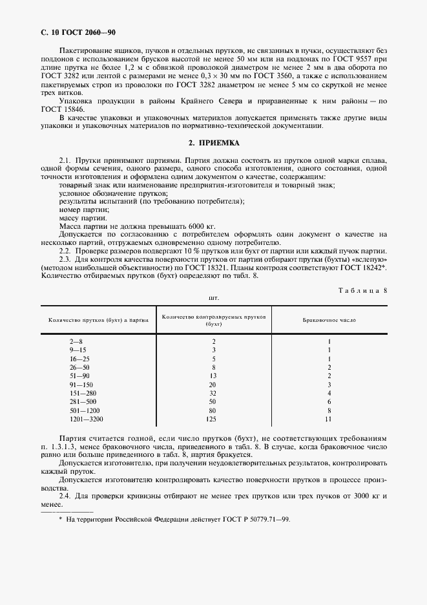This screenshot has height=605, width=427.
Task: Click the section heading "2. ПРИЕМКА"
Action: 213,143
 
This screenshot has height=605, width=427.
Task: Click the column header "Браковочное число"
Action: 329,320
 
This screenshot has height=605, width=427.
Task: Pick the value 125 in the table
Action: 213,419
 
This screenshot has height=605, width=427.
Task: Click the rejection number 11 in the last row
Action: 329,419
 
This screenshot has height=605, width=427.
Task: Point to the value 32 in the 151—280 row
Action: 213,393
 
